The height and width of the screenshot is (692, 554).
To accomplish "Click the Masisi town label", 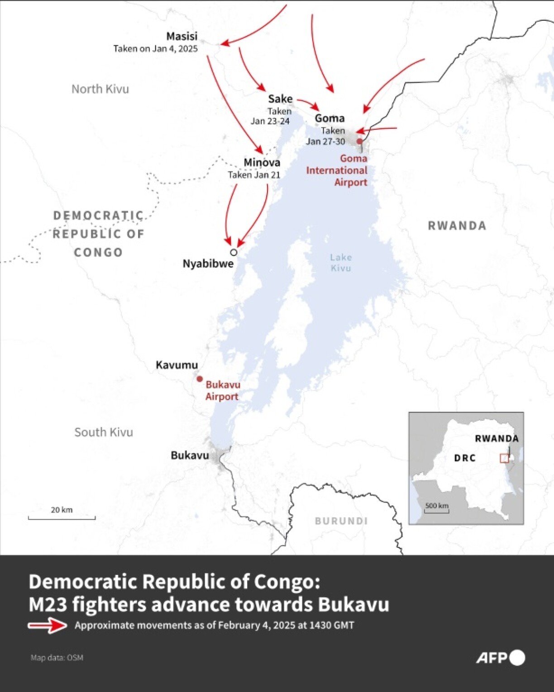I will [x=181, y=36].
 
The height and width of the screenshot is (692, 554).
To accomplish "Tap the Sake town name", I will [x=280, y=99].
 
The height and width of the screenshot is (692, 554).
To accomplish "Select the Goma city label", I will [x=330, y=118].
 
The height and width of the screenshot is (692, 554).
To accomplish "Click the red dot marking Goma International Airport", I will [x=359, y=141].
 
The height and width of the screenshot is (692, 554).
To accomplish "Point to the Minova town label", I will [x=262, y=163].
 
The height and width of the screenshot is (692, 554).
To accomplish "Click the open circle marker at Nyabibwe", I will [x=234, y=252].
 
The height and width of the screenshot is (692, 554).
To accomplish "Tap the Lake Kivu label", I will [x=340, y=263].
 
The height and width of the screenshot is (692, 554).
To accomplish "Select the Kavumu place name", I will [x=177, y=365].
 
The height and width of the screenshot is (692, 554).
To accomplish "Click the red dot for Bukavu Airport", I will [x=200, y=379].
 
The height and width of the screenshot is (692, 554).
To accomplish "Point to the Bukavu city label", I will [x=190, y=456].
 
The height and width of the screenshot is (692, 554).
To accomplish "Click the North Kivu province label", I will [x=100, y=89].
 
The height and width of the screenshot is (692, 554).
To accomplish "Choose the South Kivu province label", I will [x=104, y=433].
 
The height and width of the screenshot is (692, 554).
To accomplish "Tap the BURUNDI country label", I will [x=341, y=521].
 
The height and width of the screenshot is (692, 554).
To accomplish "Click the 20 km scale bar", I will [x=62, y=517].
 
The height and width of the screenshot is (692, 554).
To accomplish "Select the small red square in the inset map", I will [x=504, y=458].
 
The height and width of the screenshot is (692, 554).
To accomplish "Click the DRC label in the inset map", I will [x=465, y=458].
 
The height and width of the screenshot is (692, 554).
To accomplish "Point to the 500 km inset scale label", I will [x=437, y=506].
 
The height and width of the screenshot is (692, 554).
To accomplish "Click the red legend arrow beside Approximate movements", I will [x=48, y=626].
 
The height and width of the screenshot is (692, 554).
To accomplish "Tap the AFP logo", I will [x=500, y=658].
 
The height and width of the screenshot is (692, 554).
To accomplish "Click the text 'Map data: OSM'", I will [x=57, y=658].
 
